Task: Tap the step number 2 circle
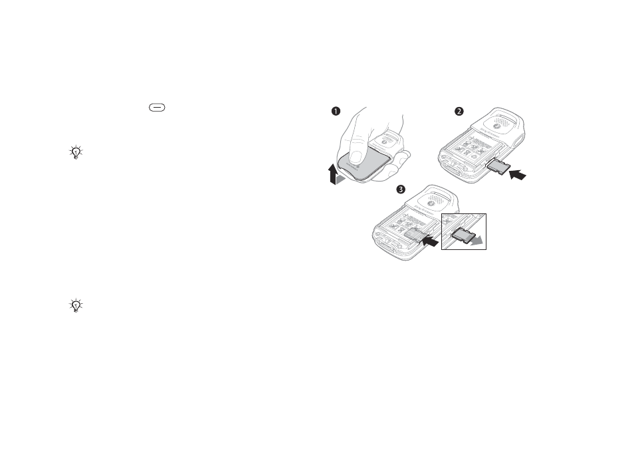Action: point(459,112)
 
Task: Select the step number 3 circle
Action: point(400,189)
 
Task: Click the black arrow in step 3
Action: point(431,243)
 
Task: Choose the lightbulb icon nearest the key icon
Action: point(76,152)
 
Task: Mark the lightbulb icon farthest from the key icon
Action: point(76,305)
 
